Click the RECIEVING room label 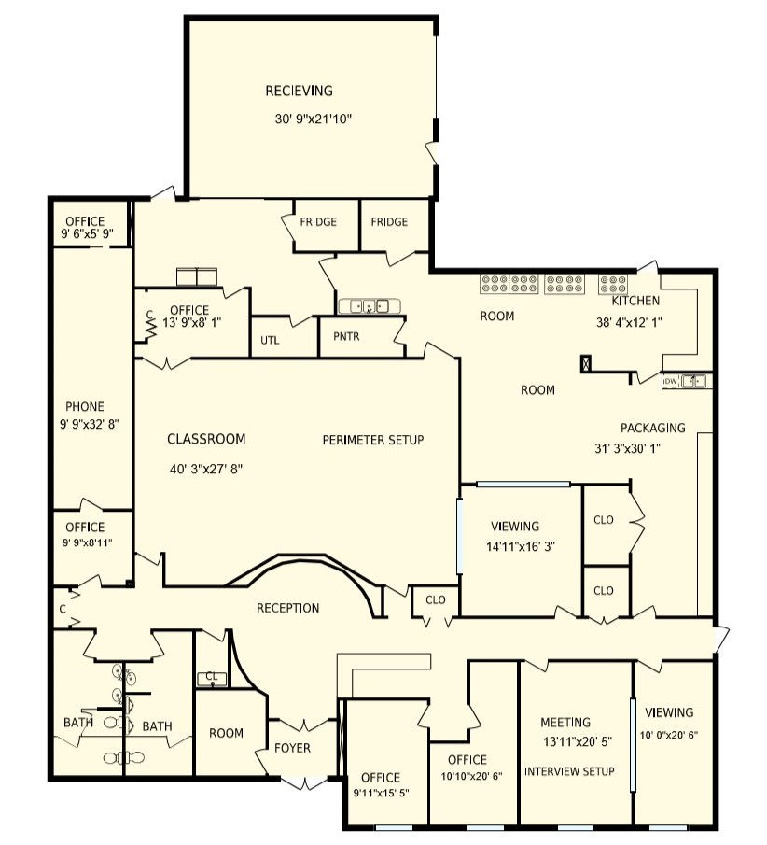(x=299, y=91)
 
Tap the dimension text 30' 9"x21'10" (x=313, y=120)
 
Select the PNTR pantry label (x=346, y=337)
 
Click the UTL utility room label (x=270, y=341)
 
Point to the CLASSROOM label (x=206, y=439)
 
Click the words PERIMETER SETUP (x=372, y=441)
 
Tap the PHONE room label (x=85, y=407)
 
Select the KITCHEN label (x=635, y=301)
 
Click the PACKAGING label (x=653, y=428)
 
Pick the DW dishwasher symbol (x=670, y=382)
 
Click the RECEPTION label (x=287, y=609)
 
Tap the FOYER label (x=292, y=748)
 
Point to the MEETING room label (x=565, y=722)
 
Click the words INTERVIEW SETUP (x=569, y=772)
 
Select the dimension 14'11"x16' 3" (x=521, y=547)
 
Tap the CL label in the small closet (x=212, y=676)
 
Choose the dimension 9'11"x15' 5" (x=381, y=794)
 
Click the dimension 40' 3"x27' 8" (x=206, y=470)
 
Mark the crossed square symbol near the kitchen (x=585, y=364)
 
